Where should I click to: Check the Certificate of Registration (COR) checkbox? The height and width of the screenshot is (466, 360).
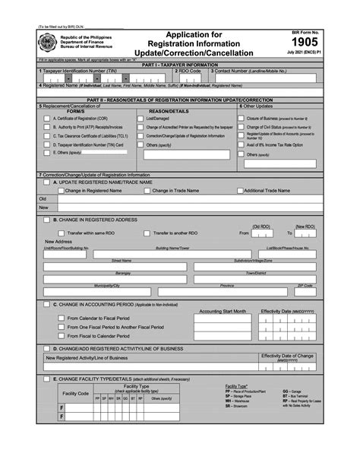(47, 119)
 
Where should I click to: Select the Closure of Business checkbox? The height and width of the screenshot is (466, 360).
(242, 119)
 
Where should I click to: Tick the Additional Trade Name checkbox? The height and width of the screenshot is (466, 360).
(239, 190)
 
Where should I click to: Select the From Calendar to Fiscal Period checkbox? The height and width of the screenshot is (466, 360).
(61, 318)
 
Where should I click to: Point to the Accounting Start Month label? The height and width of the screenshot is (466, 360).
(223, 311)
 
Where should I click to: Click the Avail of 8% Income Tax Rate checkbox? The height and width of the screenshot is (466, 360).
(242, 144)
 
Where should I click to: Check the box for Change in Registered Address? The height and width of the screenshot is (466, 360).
(46, 219)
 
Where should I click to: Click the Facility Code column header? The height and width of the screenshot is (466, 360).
(75, 393)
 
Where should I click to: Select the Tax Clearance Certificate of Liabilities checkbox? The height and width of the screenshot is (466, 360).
(47, 135)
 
